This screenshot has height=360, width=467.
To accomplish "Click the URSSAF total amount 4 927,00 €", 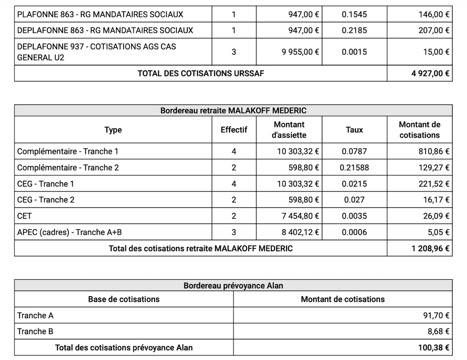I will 430,73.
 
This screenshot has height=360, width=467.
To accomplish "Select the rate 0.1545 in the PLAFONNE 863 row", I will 354,14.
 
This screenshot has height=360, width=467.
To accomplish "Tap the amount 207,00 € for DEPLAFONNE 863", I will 434,30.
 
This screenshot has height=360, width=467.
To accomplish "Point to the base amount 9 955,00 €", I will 300,52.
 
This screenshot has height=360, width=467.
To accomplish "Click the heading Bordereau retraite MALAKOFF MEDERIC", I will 233,111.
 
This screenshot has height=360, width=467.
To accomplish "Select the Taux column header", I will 354,130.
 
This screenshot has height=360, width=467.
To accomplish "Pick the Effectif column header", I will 234,130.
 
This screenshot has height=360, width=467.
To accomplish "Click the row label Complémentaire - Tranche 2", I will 68,167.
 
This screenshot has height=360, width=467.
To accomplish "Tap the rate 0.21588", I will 354,167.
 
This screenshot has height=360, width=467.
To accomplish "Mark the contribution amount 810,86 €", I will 434,151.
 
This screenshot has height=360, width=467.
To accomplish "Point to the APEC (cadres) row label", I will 70,232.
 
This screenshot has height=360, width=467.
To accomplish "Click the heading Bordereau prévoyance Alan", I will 233,286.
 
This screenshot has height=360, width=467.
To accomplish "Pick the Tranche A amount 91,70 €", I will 436,315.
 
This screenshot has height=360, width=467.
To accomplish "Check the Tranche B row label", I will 35,331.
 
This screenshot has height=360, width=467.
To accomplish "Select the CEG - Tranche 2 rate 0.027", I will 354,200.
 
